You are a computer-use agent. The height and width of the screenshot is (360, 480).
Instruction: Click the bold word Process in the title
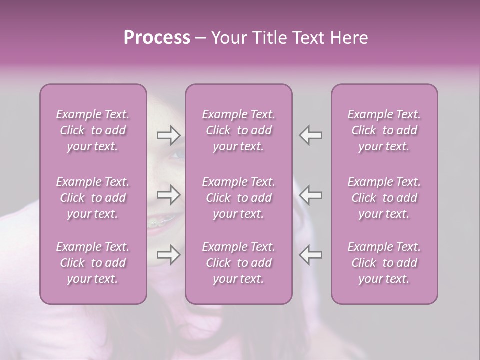[x=157, y=38]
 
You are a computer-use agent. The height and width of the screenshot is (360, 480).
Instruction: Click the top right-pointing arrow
[x=168, y=135]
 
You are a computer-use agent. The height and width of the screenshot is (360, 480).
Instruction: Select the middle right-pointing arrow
[x=168, y=195]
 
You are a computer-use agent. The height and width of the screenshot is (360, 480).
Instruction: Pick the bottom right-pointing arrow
[x=168, y=255]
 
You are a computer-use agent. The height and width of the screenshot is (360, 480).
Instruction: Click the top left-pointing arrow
[x=310, y=135]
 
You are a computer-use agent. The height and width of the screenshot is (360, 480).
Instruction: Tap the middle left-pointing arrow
[x=310, y=195]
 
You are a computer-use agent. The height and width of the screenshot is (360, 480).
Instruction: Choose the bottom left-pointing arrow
[x=310, y=255]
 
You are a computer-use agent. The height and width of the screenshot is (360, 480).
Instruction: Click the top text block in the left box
[x=93, y=130]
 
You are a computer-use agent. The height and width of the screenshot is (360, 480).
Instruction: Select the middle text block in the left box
[x=93, y=198]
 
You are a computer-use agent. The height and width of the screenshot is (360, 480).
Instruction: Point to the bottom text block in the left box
[x=93, y=263]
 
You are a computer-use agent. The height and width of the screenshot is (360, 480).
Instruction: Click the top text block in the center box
[x=238, y=130]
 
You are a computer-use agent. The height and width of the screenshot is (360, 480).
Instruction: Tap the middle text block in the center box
[x=238, y=198]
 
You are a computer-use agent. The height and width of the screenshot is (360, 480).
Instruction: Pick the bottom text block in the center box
[x=238, y=263]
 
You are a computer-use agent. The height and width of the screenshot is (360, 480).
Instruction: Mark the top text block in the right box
[x=384, y=130]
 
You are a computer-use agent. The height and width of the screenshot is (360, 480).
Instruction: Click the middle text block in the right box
[x=384, y=198]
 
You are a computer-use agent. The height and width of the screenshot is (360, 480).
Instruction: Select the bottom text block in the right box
[x=384, y=263]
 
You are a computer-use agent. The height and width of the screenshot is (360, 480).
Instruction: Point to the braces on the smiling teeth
[x=159, y=221]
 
